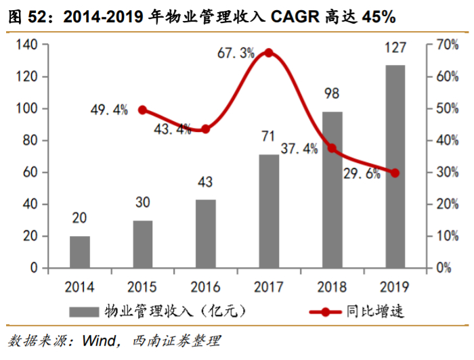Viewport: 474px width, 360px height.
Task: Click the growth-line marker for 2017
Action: pyautogui.click(x=269, y=53)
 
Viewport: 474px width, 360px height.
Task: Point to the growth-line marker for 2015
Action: pyautogui.click(x=143, y=110)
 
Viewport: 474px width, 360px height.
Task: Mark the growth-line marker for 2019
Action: pyautogui.click(x=395, y=173)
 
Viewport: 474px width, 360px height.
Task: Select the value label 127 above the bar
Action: pyautogui.click(x=395, y=48)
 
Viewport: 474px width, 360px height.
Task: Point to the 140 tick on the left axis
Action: pyautogui.click(x=28, y=45)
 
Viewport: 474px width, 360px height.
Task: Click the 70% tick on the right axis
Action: pyautogui.click(x=443, y=45)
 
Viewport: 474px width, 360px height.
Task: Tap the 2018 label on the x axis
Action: pyautogui.click(x=332, y=286)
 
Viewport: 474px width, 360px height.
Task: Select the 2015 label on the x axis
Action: pyautogui.click(x=143, y=286)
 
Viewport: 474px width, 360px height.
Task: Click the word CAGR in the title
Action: pyautogui.click(x=300, y=15)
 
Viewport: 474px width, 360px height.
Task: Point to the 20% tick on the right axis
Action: pyautogui.click(x=443, y=204)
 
